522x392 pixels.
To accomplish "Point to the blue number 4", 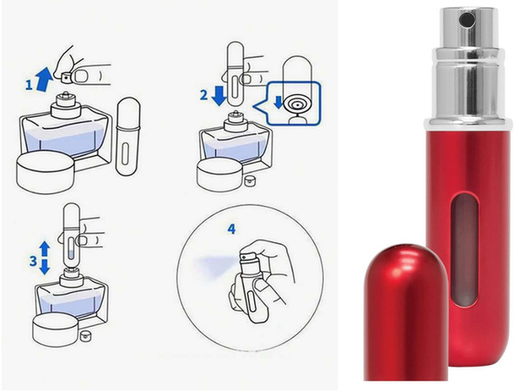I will (231, 229).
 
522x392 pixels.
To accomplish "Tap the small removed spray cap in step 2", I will (250, 179).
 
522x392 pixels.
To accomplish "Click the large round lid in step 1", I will (43, 171).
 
